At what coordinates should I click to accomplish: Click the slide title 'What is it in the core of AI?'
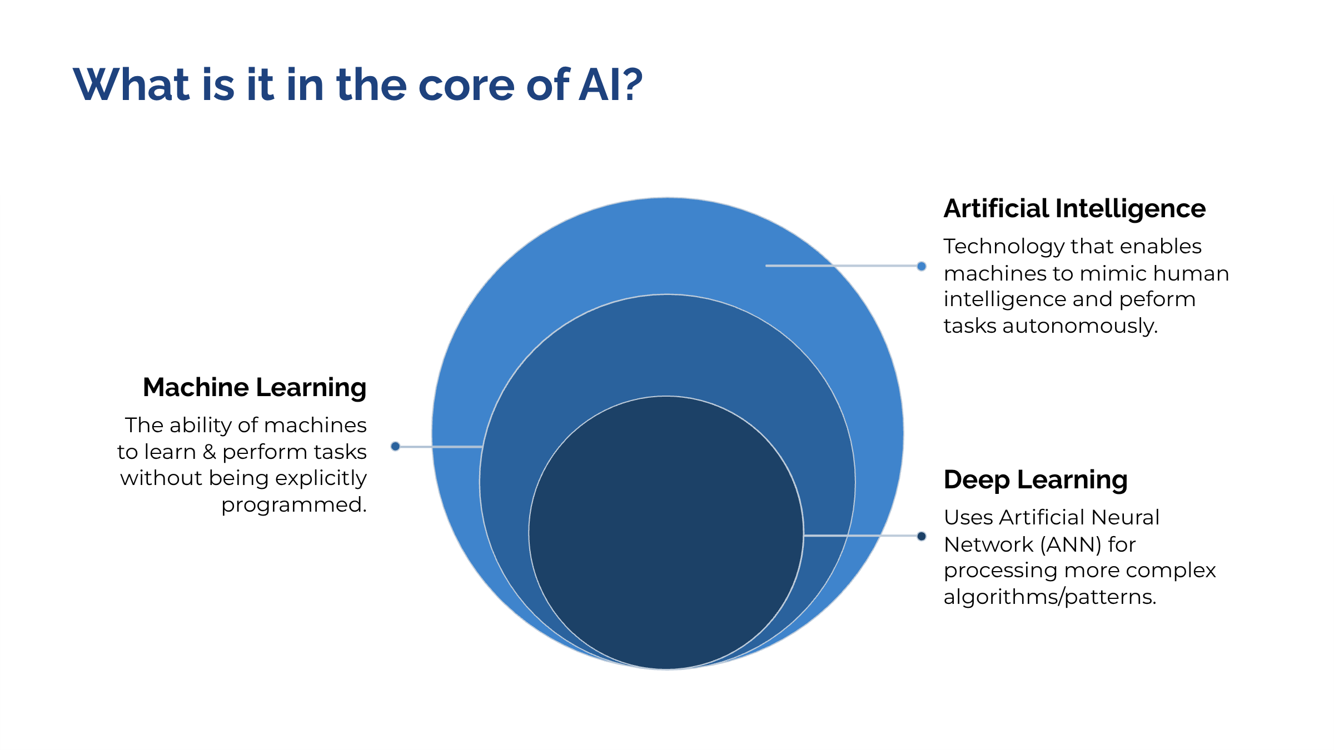pos(357,84)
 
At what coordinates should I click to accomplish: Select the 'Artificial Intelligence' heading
pos(1074,209)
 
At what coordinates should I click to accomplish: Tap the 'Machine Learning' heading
pos(255,388)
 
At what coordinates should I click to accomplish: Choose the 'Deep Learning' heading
pos(1036,480)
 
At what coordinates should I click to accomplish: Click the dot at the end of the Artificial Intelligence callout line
pos(922,266)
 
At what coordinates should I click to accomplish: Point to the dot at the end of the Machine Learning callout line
pos(395,446)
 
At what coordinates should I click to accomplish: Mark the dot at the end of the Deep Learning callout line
pos(922,536)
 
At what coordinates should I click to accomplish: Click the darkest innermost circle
pos(666,532)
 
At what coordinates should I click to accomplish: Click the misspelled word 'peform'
pos(1157,299)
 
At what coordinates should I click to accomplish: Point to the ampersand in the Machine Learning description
pos(209,452)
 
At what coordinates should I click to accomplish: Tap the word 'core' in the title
pos(466,86)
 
